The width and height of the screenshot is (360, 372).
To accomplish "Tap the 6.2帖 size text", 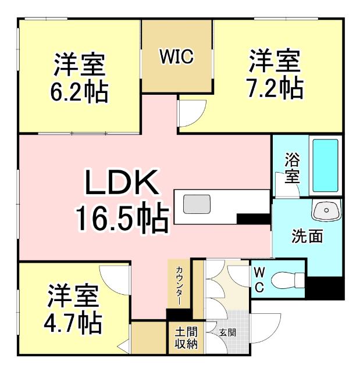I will point(80,92).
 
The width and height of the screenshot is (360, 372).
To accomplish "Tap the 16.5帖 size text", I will point(122,217).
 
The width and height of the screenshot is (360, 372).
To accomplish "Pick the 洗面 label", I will point(306,237).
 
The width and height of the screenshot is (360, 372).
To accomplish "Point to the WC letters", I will point(259,279).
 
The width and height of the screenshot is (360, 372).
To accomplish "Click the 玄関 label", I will point(227,333).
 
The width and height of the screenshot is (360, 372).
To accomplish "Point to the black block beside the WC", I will point(323,286).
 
